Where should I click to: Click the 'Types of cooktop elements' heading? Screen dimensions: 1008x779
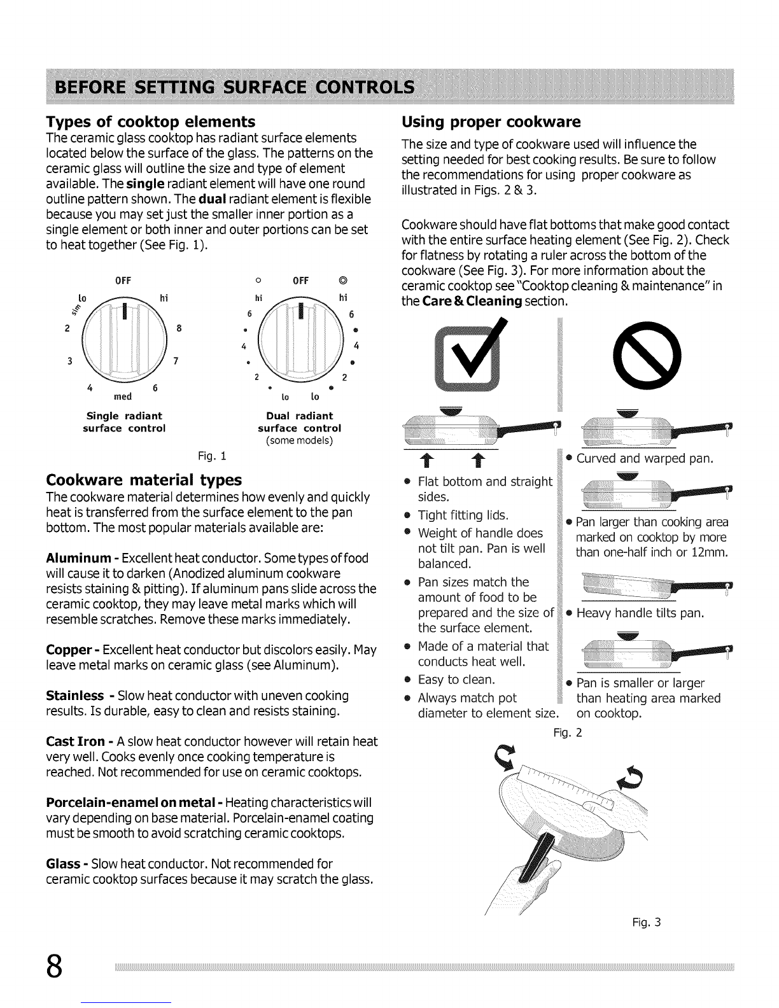coord(151,122)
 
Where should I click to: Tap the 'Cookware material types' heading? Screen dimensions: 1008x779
coord(144,479)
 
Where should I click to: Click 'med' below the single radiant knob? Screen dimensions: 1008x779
coord(123,396)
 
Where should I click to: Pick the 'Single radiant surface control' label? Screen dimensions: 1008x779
coord(124,422)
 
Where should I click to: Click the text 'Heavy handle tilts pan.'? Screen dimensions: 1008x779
coord(640,613)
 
